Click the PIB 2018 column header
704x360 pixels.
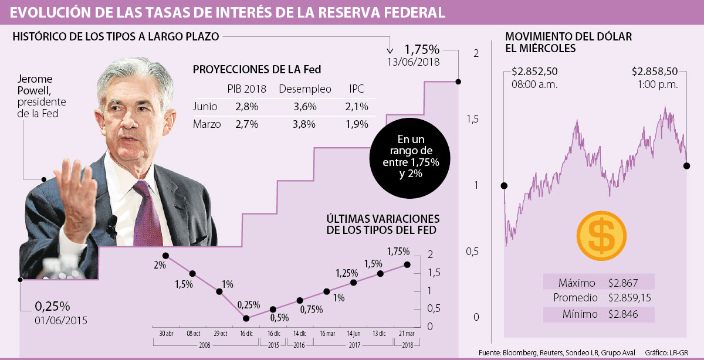pyautogui.click(x=247, y=89)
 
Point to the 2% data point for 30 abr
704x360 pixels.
pyautogui.click(x=166, y=256)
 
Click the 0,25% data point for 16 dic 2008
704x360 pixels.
pyautogui.click(x=246, y=318)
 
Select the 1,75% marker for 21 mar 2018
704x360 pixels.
pyautogui.click(x=407, y=264)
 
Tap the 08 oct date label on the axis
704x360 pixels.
pyautogui.click(x=192, y=334)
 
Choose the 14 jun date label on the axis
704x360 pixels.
pyautogui.click(x=354, y=334)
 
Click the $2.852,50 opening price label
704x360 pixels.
pyautogui.click(x=534, y=72)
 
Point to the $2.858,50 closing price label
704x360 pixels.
pyautogui.click(x=654, y=72)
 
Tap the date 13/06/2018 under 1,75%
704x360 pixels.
pyautogui.click(x=413, y=61)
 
